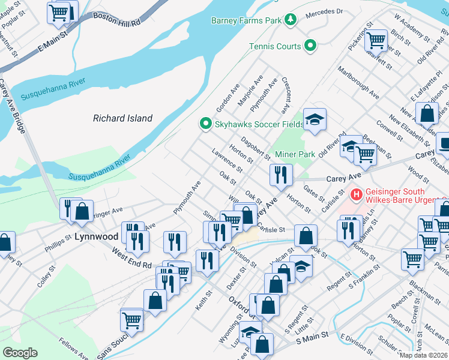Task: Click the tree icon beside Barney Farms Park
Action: [291, 20]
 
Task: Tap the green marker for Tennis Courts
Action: [310, 46]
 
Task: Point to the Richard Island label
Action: [122, 118]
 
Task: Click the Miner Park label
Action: [295, 154]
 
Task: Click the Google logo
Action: [20, 352]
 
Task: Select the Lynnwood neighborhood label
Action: [96, 236]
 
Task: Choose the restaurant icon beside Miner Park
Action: [280, 174]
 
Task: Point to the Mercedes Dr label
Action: [324, 11]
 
